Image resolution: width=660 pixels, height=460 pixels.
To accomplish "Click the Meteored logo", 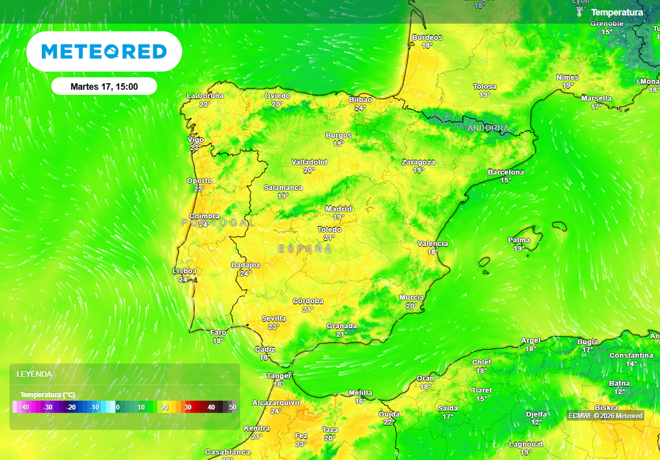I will (104, 52).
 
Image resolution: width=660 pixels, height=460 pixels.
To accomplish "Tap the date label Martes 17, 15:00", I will (104, 86).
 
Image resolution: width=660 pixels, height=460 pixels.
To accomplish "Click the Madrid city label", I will (338, 209).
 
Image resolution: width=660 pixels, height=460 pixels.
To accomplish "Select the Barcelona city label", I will (506, 172).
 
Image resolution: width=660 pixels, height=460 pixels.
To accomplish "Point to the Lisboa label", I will (184, 271).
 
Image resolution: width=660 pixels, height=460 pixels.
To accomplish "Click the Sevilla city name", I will (274, 318).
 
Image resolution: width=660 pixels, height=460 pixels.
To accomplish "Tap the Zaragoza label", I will (418, 162).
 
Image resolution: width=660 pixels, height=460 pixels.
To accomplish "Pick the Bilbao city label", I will (360, 100).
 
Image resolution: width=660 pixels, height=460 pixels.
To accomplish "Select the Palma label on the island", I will (519, 240).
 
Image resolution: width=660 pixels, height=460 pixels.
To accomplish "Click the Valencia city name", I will (432, 244).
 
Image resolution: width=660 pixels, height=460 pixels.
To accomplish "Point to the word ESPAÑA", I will (305, 249).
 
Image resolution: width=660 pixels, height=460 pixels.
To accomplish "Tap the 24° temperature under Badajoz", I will (246, 273).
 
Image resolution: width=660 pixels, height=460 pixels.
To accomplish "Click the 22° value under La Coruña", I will (205, 104).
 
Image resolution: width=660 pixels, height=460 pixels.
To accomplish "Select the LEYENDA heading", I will (34, 374).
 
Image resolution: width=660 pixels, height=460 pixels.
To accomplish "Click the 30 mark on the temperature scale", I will (188, 407).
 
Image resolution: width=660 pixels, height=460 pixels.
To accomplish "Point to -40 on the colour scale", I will (24, 407).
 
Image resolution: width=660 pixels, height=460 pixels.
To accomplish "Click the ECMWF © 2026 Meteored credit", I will (605, 416).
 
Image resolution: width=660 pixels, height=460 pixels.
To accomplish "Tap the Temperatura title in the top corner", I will (617, 12).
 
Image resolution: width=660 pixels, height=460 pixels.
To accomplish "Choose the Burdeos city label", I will (427, 37).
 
